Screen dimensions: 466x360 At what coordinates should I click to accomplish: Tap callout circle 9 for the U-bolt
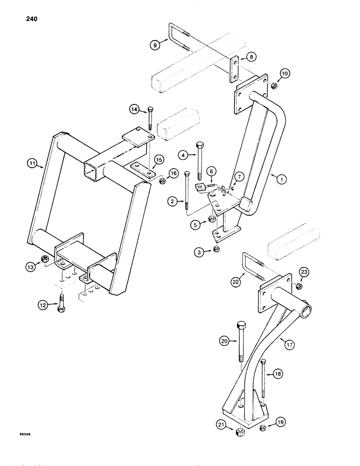tap(155, 44)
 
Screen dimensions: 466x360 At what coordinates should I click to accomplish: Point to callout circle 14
tap(135, 110)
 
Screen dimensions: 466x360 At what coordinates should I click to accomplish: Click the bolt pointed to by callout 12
tap(61, 309)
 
